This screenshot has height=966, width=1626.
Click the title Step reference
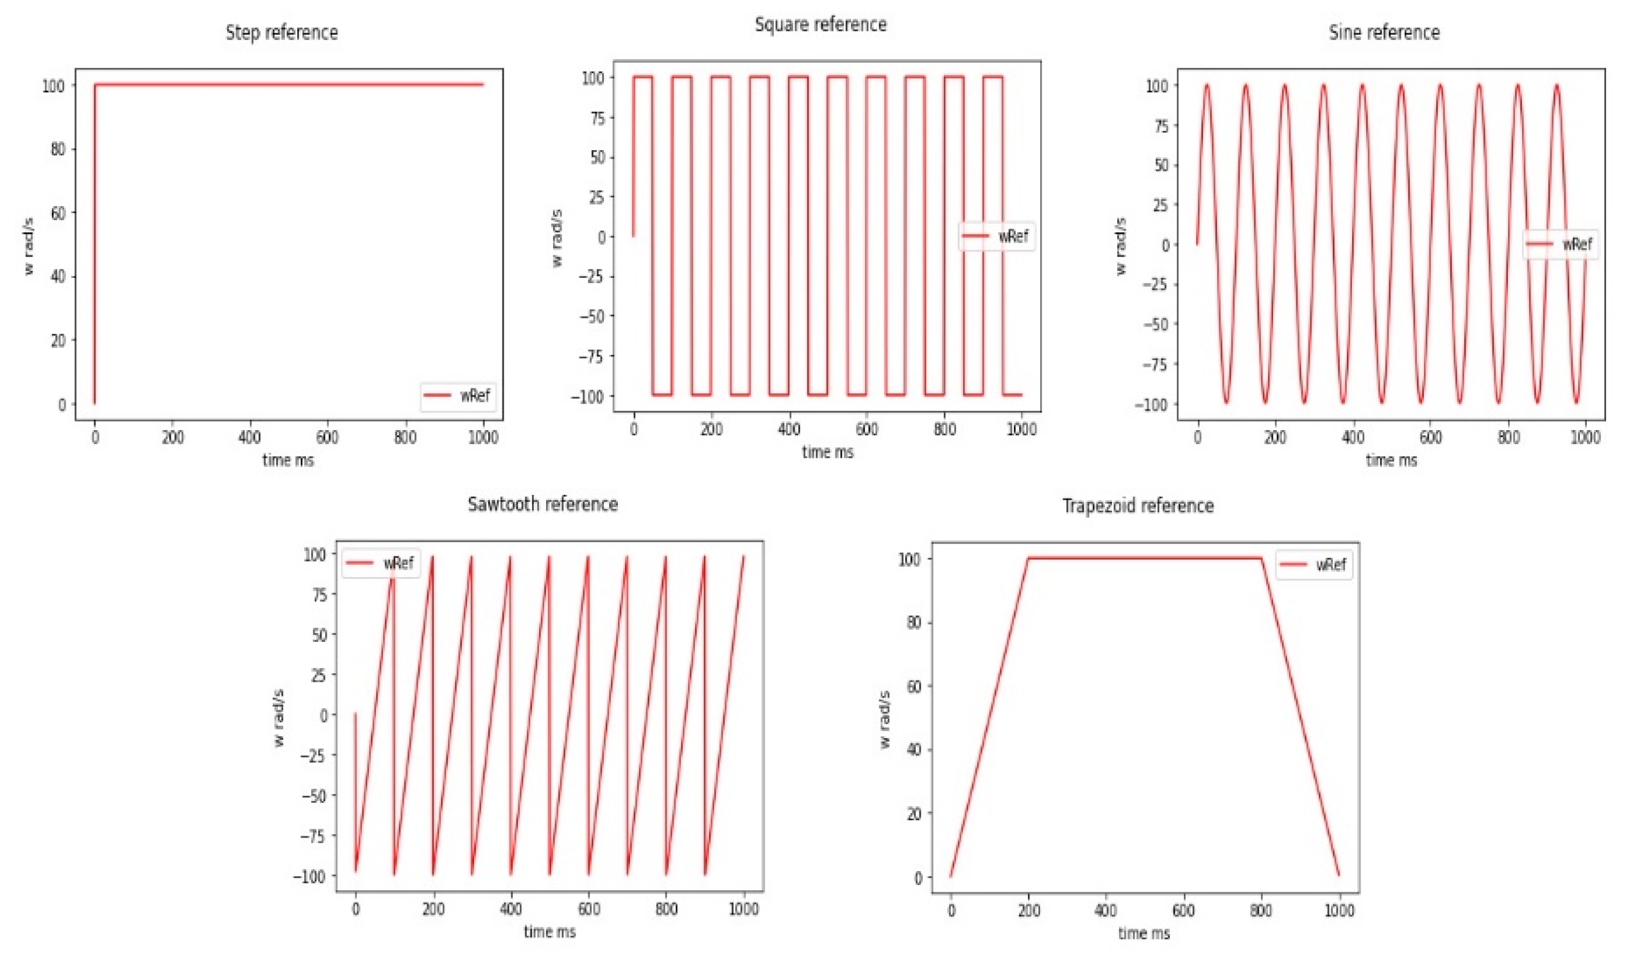tap(282, 33)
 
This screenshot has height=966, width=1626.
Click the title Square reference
tap(820, 25)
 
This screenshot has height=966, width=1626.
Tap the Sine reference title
tap(1384, 33)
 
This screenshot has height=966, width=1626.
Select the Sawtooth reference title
tap(543, 504)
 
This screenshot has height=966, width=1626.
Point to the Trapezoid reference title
tap(1138, 506)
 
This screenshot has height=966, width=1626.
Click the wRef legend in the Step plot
tap(459, 396)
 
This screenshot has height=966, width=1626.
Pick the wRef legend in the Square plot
tap(997, 236)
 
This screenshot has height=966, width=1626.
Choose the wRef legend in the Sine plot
tap(1561, 244)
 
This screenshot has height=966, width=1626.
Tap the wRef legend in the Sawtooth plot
tap(381, 563)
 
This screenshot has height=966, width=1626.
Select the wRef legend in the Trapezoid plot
tap(1314, 564)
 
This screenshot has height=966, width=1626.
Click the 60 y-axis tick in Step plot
tap(58, 213)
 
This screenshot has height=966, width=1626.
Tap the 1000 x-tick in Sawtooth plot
tap(743, 909)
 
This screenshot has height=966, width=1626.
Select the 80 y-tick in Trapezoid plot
tap(914, 623)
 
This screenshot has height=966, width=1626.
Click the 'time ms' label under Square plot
tap(827, 453)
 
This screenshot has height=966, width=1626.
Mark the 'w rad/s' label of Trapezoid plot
tap(884, 720)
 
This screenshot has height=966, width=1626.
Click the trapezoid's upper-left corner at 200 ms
tap(1028, 558)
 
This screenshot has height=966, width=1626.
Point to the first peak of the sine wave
tap(1206, 85)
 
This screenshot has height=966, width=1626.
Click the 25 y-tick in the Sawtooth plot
tap(318, 675)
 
